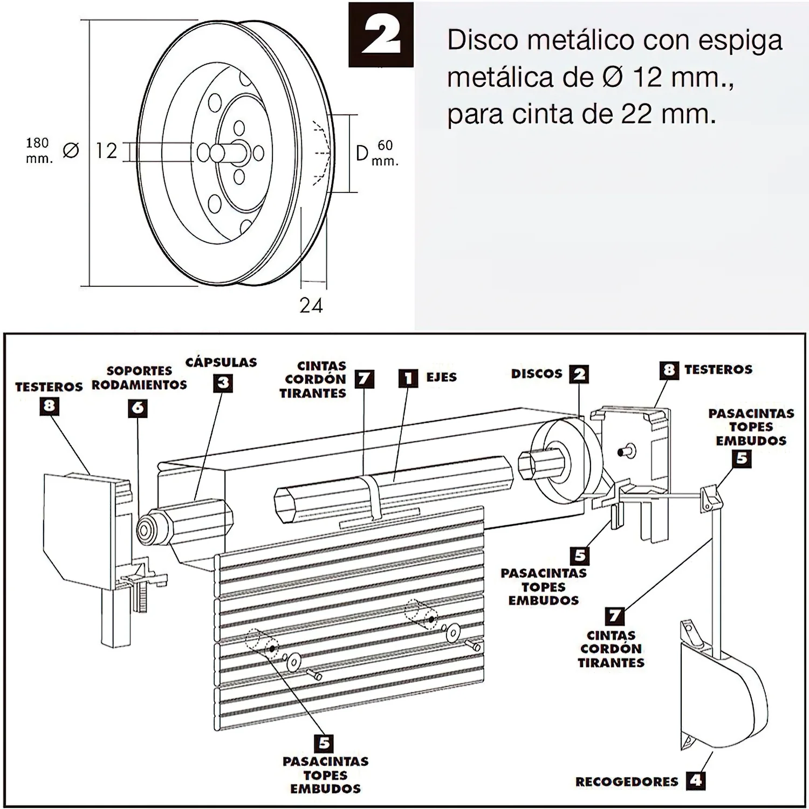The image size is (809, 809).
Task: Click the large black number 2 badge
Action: point(381,35)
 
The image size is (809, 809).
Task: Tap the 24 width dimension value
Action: point(311,306)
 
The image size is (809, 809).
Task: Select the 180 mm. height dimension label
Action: point(38,150)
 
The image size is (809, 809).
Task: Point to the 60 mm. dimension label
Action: point(385,153)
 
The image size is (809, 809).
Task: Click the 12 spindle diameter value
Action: point(106,151)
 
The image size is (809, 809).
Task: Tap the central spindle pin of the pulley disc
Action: point(218,153)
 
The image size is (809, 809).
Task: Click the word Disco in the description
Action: point(487,41)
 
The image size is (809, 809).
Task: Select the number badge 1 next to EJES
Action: point(408,378)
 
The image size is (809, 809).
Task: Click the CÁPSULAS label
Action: point(221,362)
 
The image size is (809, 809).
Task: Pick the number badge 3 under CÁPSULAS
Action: point(223,383)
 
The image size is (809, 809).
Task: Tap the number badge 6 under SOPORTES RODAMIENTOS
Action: point(138,408)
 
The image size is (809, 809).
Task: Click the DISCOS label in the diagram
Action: point(537,374)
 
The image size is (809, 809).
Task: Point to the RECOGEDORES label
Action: point(627,781)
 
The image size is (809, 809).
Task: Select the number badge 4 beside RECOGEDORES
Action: point(696,780)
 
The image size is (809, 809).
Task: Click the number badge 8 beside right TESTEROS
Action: point(669,370)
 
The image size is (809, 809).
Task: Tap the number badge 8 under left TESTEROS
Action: point(49,406)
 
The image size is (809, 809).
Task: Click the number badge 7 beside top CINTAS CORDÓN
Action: point(364,379)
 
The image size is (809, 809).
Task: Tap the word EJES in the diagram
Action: point(441,378)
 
